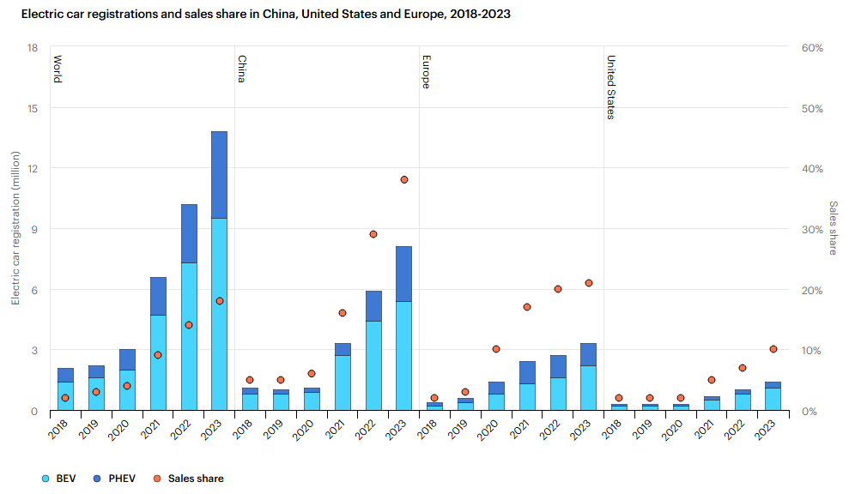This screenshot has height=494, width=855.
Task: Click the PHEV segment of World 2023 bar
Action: (219, 175)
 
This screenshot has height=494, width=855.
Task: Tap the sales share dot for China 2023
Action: (403, 179)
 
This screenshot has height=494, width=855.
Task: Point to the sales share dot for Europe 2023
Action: (588, 283)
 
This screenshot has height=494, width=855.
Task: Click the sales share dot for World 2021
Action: (158, 355)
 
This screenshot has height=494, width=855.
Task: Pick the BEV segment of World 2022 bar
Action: (189, 336)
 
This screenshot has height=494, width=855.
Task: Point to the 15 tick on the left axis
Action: (33, 108)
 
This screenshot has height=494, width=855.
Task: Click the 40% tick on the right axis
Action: (812, 169)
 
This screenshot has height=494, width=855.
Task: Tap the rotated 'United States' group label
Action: (611, 87)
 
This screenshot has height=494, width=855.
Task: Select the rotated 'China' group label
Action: (241, 69)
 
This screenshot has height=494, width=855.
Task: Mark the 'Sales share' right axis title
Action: (833, 228)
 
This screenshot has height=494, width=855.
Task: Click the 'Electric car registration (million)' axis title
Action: (15, 228)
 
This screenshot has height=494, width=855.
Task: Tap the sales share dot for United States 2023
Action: (773, 349)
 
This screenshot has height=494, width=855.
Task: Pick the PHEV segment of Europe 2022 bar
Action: (557, 366)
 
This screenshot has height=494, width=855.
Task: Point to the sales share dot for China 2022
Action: (373, 234)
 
